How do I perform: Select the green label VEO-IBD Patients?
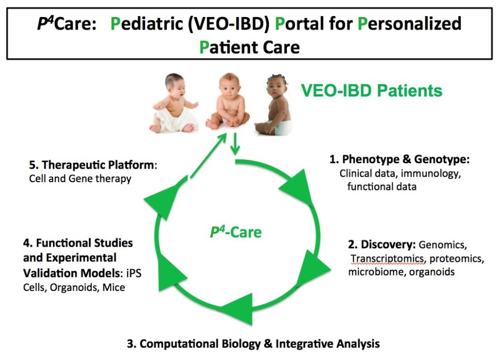pos(371,90)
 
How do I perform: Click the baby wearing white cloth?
pos(175,103)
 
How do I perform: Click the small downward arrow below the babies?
pos(235,144)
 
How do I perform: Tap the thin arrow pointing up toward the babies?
pos(208,155)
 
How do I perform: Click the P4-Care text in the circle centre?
pos(235,232)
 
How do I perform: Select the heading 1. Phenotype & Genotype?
pos(400,159)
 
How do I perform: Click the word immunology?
pos(431,173)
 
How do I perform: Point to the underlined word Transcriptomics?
pos(387,258)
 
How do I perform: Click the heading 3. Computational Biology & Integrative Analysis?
pos(253,343)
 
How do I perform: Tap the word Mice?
pos(114,287)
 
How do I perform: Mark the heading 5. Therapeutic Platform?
pos(93,165)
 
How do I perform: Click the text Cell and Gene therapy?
pos(80,179)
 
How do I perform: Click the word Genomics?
pos(443,245)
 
